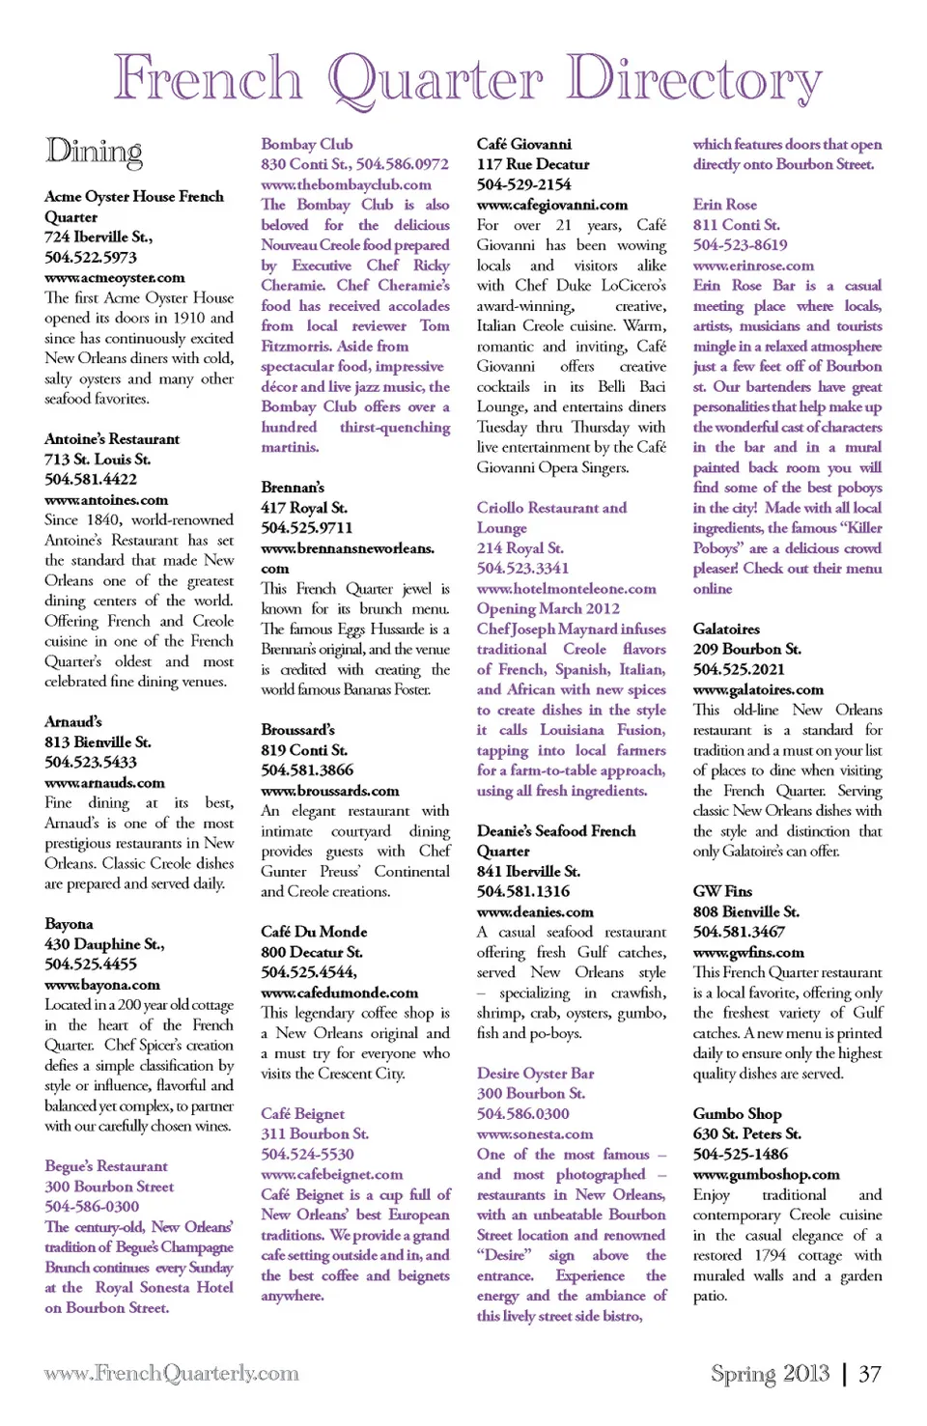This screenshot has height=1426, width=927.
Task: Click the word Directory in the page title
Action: (x=694, y=79)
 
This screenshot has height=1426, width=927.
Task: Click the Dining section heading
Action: (x=94, y=152)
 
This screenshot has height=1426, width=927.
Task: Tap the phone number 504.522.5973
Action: (x=91, y=257)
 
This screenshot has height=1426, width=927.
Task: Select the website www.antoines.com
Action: (x=106, y=500)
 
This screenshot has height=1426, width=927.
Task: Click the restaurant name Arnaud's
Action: (x=73, y=721)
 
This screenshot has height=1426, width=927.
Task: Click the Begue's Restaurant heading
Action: (x=106, y=1166)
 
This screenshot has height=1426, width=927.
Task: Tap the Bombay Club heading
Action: (x=307, y=144)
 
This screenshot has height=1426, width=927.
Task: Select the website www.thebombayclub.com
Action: (x=346, y=184)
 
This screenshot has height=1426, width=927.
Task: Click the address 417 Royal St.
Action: (x=304, y=507)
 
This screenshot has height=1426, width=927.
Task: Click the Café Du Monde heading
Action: (x=314, y=932)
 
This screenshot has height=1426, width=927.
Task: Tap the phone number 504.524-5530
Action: (x=307, y=1154)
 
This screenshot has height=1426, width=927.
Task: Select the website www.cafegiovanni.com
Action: (x=552, y=205)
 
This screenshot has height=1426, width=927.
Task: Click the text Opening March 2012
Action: (x=548, y=608)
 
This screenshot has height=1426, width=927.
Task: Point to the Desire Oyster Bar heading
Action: (x=535, y=1073)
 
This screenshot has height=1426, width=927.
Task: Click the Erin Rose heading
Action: (x=724, y=205)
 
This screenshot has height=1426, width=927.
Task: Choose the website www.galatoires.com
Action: (x=758, y=689)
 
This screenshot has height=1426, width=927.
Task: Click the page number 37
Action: (x=870, y=1373)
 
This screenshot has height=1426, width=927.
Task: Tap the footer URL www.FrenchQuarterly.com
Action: (x=171, y=1373)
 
